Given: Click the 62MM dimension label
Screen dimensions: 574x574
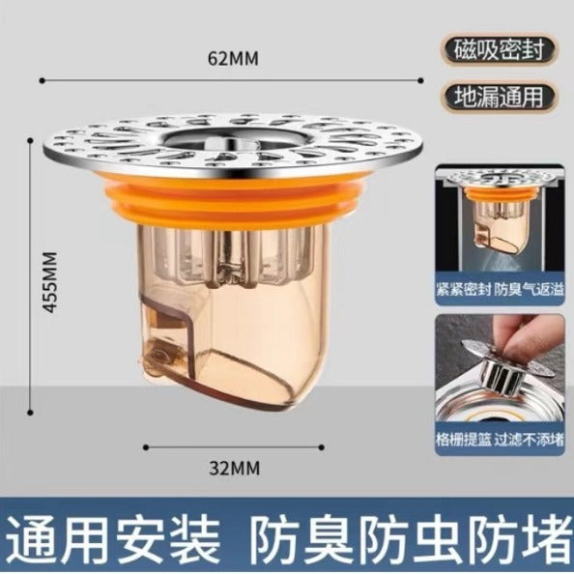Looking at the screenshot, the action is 233,58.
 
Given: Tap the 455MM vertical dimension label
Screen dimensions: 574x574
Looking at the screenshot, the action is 49,282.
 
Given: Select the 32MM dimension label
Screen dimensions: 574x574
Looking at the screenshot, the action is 234,469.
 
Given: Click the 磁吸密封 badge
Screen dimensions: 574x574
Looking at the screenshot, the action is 499,50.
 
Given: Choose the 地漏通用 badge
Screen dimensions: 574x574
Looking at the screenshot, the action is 499,97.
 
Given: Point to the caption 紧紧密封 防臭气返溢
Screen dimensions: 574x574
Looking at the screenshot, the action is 500,290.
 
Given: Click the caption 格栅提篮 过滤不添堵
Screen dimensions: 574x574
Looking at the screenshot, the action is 500,440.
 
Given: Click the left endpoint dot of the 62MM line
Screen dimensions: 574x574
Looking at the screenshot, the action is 43,80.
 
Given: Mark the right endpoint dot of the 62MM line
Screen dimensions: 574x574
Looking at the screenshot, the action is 421,80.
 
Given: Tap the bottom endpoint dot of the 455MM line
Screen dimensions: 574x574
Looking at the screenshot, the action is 31,413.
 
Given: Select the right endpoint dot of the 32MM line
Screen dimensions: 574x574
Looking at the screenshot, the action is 322,447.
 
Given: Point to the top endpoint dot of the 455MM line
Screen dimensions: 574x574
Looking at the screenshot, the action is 31,140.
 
